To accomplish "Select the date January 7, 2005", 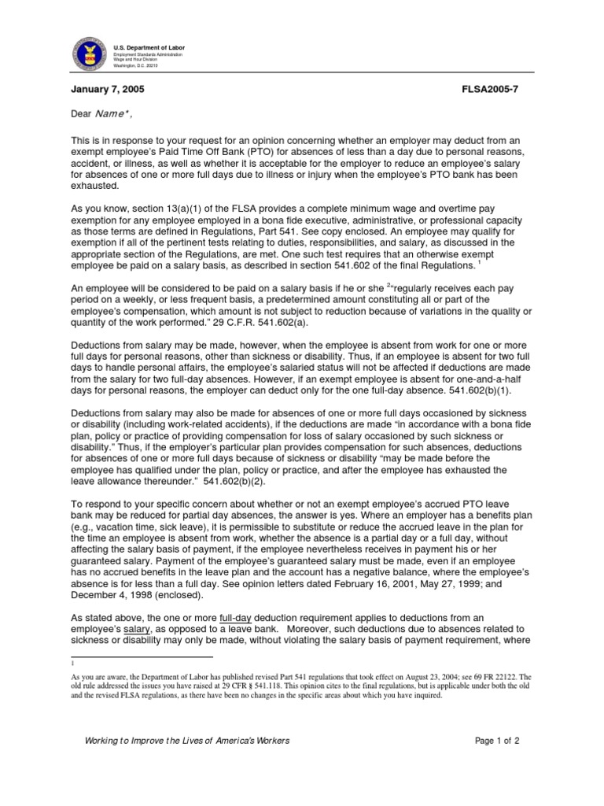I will [x=108, y=91].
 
